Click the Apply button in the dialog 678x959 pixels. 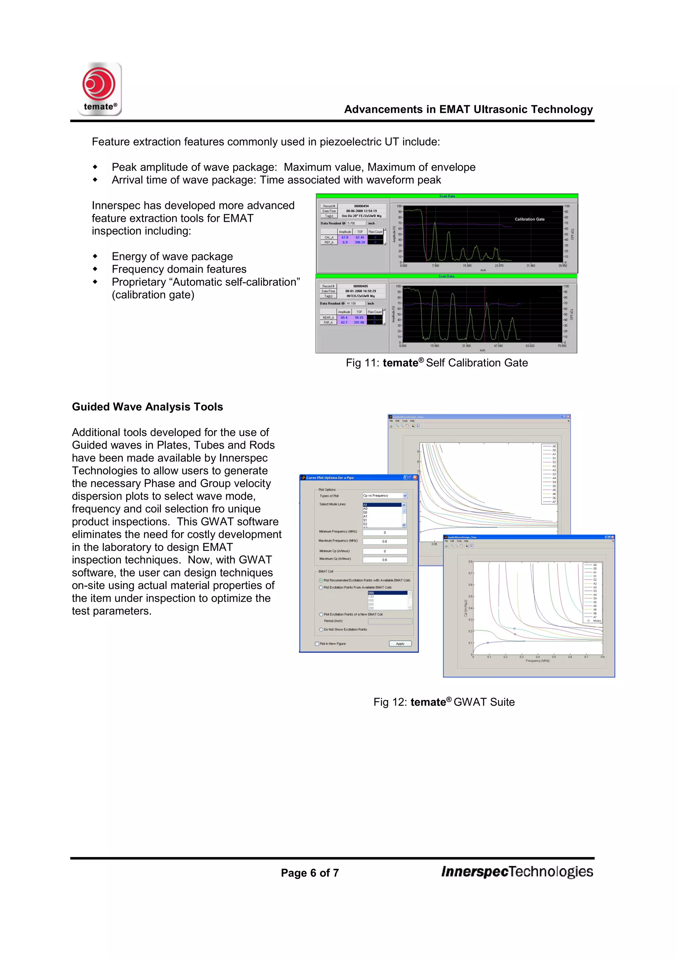[400, 644]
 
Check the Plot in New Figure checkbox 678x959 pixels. [317, 644]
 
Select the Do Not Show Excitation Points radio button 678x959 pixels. [321, 630]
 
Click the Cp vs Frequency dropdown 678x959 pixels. [384, 496]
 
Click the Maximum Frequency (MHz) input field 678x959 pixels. [384, 541]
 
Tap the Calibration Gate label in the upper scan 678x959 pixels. [529, 219]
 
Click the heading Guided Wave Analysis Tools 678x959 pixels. [147, 407]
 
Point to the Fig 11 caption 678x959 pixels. [437, 363]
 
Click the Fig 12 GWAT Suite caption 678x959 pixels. [444, 702]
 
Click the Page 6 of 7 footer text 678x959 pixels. [310, 873]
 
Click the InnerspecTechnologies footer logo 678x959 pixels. [517, 872]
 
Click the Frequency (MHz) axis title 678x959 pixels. [537, 661]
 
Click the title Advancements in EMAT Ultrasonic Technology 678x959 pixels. [468, 109]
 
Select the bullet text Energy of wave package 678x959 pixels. [172, 256]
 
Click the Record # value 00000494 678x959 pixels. [361, 206]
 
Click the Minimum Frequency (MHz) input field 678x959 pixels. [384, 532]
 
